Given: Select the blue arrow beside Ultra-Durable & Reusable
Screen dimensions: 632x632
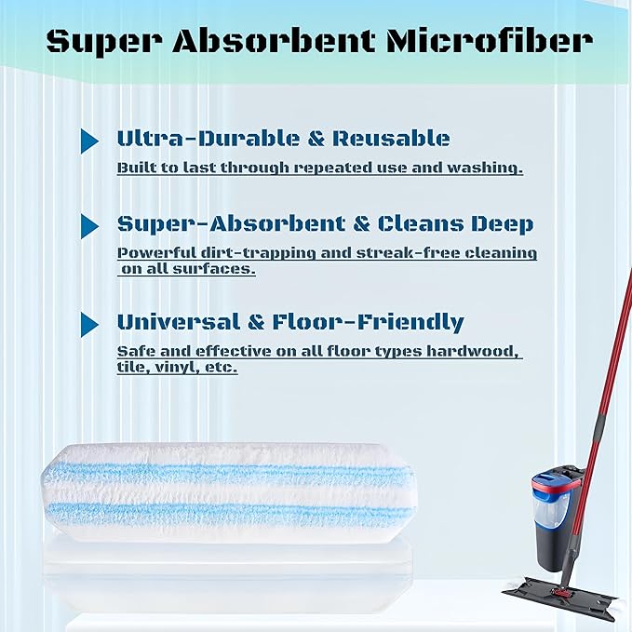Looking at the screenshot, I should coord(89,141).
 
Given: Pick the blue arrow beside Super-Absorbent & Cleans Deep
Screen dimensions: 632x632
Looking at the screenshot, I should coord(89,225).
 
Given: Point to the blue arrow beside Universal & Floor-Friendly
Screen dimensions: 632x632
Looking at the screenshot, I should coord(89,324).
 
